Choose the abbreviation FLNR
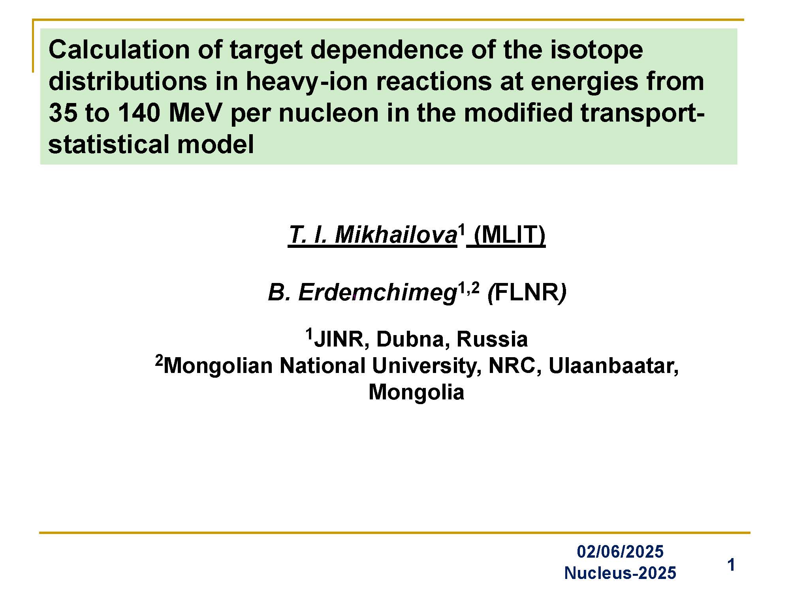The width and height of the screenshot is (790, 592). coord(527,292)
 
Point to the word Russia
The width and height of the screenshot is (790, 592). coord(492,339)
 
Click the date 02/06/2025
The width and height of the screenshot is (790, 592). coord(620,551)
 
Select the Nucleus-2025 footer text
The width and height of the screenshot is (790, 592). coord(620,573)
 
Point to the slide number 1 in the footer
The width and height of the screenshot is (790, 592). coord(731,565)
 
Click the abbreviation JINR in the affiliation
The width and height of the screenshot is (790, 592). coord(339,339)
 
